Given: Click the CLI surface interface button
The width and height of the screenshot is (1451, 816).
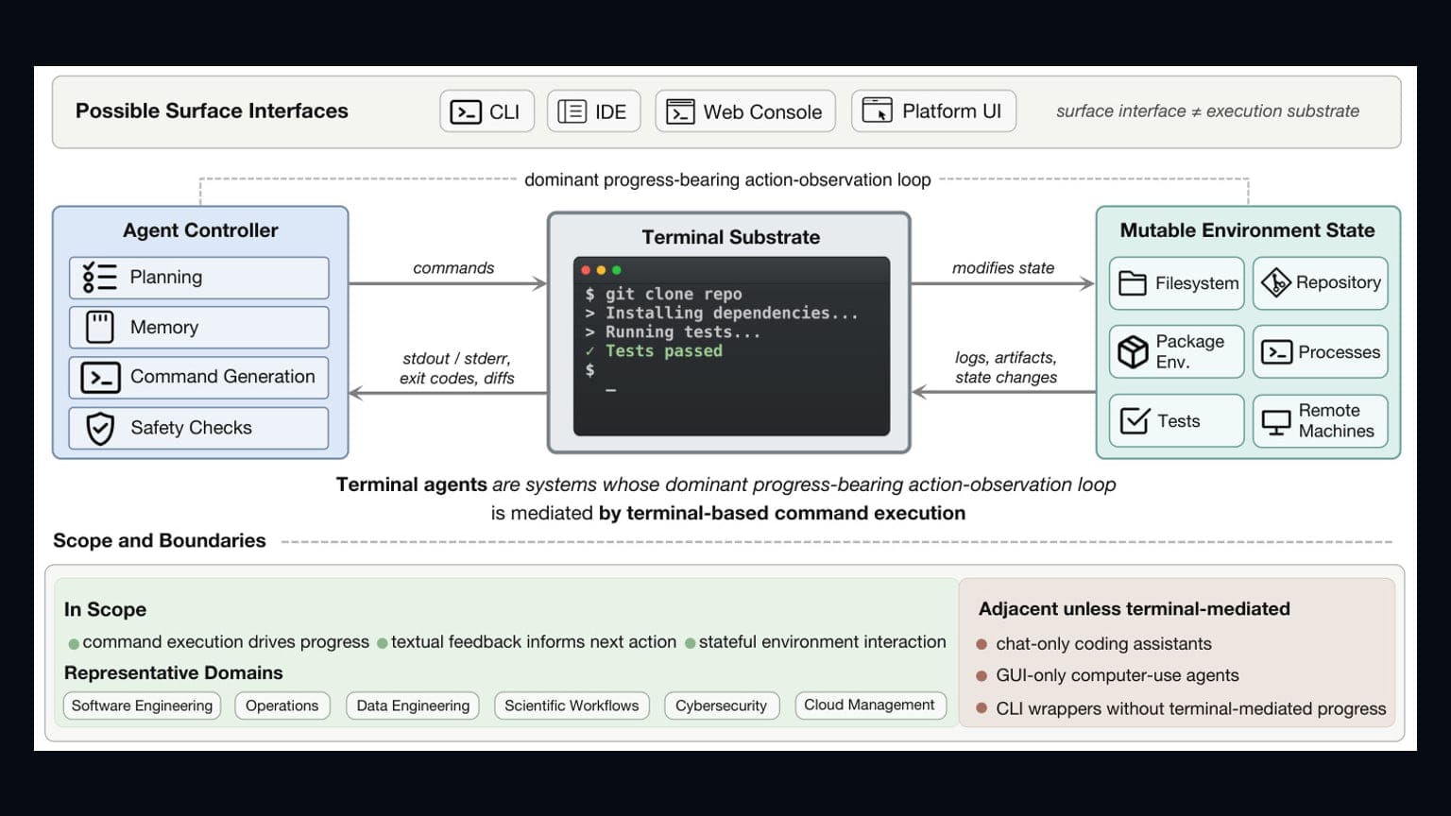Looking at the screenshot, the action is [487, 111].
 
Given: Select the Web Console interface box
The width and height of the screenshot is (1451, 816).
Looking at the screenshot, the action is [745, 111].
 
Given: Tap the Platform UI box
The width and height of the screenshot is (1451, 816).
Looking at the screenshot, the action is [933, 111].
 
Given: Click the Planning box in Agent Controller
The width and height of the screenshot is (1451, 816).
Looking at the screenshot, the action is [199, 278].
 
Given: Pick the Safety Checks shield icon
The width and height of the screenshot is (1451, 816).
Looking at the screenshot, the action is [100, 428].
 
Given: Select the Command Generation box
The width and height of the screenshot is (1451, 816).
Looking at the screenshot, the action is [199, 378].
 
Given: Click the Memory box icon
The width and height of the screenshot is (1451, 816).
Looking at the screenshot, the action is [100, 327].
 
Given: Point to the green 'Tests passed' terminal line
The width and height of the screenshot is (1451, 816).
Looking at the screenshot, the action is [655, 351].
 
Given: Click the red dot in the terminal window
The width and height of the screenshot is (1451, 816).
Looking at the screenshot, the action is [586, 270].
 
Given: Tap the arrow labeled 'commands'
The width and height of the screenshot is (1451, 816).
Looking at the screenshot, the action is [448, 283].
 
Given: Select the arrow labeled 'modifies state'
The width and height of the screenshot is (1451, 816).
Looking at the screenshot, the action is [1002, 283].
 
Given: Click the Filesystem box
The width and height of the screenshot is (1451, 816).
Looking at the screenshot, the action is [1176, 283].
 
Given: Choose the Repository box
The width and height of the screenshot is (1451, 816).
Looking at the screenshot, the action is [1320, 283].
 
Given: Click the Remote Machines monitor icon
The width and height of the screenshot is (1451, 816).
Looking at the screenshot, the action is [1276, 422].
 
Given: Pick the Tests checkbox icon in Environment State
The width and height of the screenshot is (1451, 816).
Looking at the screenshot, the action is [1135, 421].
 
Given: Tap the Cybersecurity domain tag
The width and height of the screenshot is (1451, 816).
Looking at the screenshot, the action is [722, 705].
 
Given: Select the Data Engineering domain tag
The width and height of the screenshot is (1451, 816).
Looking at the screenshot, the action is [413, 705].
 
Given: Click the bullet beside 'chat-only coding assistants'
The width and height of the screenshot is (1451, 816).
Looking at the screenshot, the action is [982, 644].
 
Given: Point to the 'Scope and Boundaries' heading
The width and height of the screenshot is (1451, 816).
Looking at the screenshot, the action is [160, 541].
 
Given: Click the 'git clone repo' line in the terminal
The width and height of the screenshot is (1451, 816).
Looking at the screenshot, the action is [663, 294].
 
